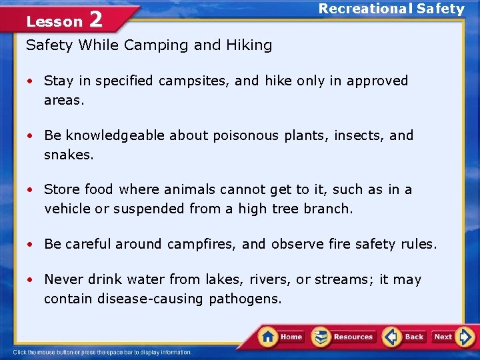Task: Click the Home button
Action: (x=281, y=337)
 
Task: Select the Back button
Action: (x=405, y=337)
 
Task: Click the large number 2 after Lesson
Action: (x=95, y=19)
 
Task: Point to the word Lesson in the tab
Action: (x=54, y=21)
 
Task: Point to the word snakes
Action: (x=69, y=154)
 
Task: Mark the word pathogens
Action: (x=245, y=299)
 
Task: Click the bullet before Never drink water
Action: (x=30, y=280)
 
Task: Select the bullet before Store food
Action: (x=30, y=190)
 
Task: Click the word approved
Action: (x=375, y=81)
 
